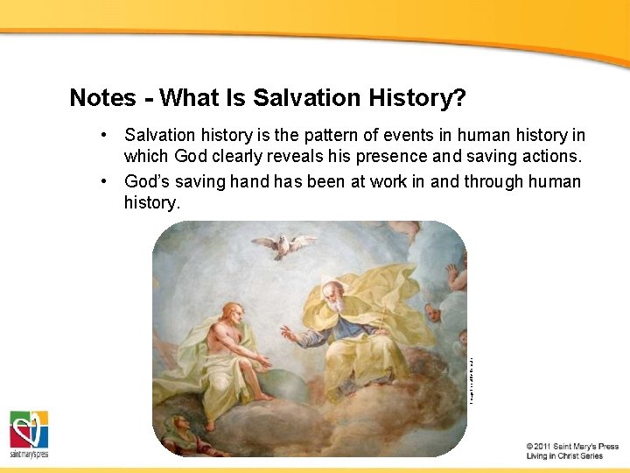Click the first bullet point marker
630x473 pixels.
pyautogui.click(x=103, y=136)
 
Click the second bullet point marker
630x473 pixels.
pyautogui.click(x=103, y=181)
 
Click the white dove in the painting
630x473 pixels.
pyautogui.click(x=283, y=244)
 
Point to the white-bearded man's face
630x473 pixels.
pyautogui.click(x=334, y=299)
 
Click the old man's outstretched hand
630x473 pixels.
pyautogui.click(x=286, y=334)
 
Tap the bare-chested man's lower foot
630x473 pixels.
pyautogui.click(x=210, y=425)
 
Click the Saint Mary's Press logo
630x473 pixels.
pyautogui.click(x=29, y=434)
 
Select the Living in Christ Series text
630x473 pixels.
pyautogui.click(x=564, y=456)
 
